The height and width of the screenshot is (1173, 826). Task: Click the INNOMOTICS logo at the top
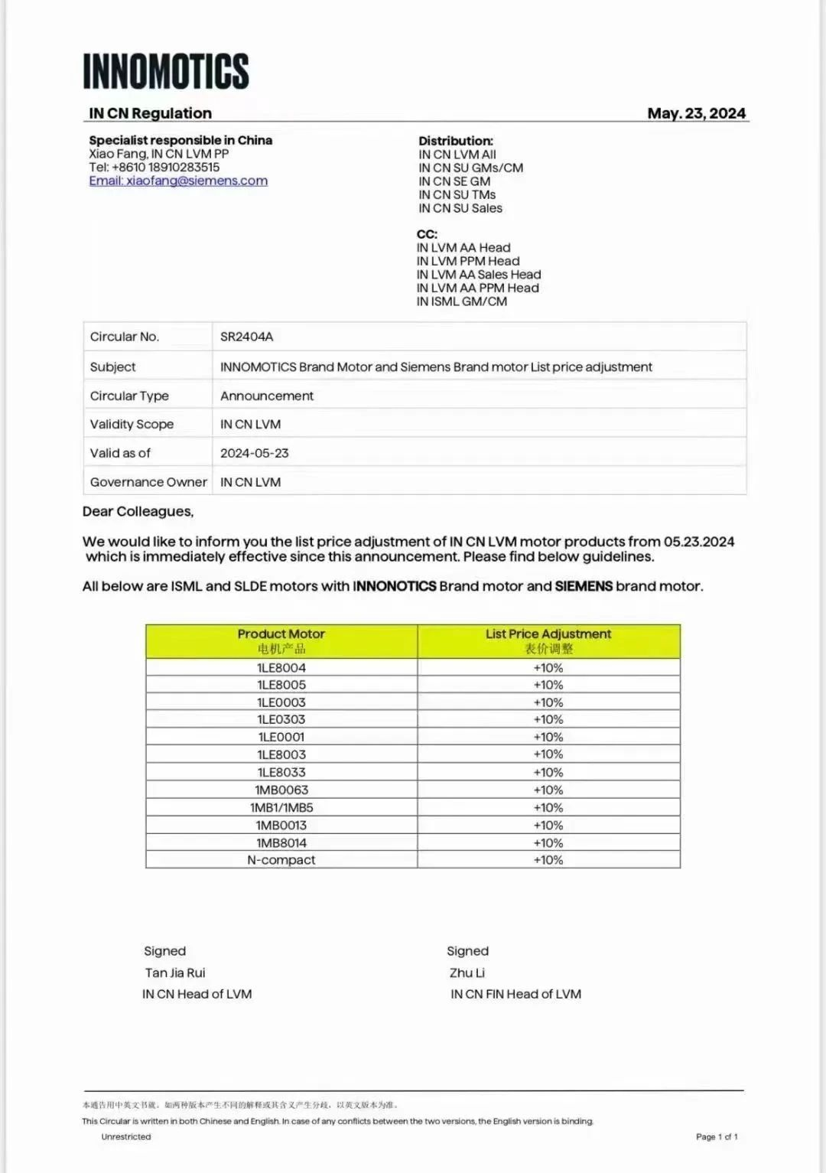pos(166,71)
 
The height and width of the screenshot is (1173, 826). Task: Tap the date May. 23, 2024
pos(696,113)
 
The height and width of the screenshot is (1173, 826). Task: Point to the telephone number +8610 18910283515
pos(165,167)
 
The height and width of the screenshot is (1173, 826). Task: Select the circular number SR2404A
pos(246,337)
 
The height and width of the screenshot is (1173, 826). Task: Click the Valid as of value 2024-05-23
pos(255,453)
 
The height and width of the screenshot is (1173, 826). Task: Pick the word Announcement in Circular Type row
pos(267,396)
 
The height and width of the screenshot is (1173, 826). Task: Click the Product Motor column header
pos(281,641)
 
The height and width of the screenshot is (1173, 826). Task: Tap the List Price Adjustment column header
pos(548,641)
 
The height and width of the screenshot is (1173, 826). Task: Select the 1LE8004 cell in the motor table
pos(281,668)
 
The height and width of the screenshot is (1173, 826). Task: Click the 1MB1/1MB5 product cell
pos(281,808)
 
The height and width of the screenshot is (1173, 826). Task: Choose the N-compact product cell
pos(281,860)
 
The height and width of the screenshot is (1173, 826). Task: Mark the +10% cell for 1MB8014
pos(548,843)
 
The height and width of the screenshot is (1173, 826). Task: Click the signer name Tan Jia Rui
pos(175,973)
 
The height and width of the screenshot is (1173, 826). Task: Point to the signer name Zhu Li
pos(467,973)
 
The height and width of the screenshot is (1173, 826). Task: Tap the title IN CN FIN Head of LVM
pos(515,994)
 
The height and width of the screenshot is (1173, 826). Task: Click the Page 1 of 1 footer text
pos(717,1137)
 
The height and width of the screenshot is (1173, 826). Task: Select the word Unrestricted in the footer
pos(126,1137)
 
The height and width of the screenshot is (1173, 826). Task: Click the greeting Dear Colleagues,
pos(138,511)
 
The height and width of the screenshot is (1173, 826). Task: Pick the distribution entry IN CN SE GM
pos(454,181)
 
